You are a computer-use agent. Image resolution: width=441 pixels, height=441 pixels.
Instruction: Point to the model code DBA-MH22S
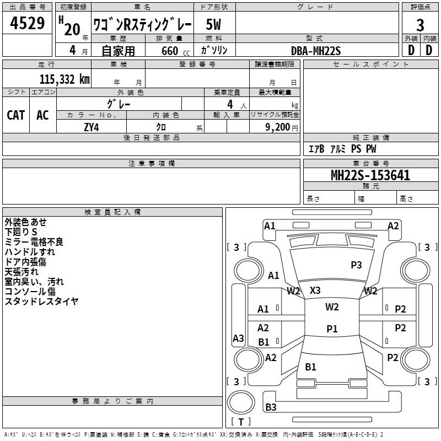click(x=316, y=51)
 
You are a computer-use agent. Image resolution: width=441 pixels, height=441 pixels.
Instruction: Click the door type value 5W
click(x=213, y=24)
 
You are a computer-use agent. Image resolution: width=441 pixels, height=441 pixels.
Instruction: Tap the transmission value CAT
click(x=16, y=115)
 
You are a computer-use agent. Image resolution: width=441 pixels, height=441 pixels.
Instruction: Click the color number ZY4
click(x=91, y=127)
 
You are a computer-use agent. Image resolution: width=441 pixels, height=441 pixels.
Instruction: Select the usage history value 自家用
click(x=117, y=51)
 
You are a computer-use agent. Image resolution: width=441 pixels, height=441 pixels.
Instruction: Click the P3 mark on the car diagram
click(x=356, y=265)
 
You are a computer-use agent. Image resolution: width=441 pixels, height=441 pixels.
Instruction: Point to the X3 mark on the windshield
click(x=315, y=291)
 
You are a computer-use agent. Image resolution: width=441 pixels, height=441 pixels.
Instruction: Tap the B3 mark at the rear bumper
click(x=271, y=407)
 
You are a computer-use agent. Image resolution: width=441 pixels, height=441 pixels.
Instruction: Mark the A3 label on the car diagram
click(x=238, y=338)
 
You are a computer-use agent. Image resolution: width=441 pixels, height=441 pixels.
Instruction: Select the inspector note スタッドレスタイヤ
click(x=41, y=301)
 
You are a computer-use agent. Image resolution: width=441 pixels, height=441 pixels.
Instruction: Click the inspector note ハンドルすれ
click(x=30, y=251)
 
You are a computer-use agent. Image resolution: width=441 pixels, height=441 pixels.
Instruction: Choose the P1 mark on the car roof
click(x=331, y=329)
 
